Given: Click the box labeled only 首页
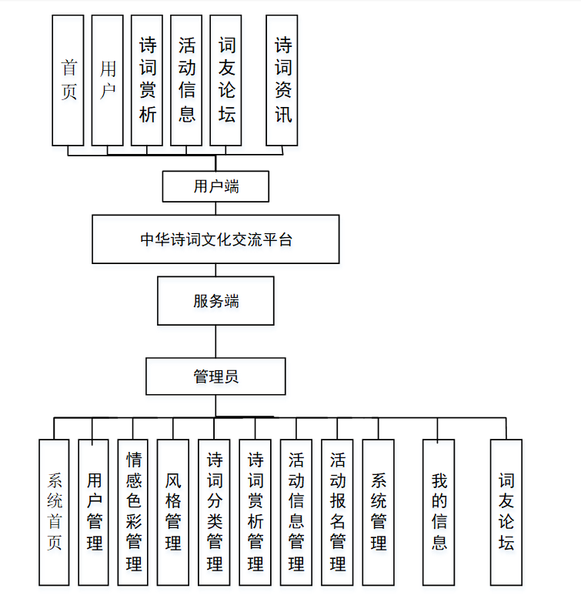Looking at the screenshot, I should pyautogui.click(x=68, y=80).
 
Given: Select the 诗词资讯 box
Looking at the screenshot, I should pyautogui.click(x=282, y=80).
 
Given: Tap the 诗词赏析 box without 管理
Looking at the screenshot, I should pyautogui.click(x=147, y=80).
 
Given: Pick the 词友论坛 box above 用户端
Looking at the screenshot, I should pyautogui.click(x=226, y=80).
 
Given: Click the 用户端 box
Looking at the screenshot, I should pyautogui.click(x=215, y=186).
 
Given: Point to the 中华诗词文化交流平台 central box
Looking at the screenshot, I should pyautogui.click(x=215, y=239).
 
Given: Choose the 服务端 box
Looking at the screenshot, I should pyautogui.click(x=215, y=301).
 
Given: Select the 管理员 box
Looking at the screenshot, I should pyautogui.click(x=215, y=376).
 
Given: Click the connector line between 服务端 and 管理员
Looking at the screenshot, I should pyautogui.click(x=215, y=341).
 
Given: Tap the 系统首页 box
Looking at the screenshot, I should pyautogui.click(x=55, y=512).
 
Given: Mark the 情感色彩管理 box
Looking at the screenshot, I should pyautogui.click(x=133, y=512).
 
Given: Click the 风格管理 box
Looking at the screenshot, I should pyautogui.click(x=173, y=512).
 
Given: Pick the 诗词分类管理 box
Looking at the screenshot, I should pyautogui.click(x=214, y=512).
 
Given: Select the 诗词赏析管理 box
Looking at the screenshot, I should pyautogui.click(x=255, y=512).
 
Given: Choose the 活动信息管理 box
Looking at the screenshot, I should pyautogui.click(x=296, y=512).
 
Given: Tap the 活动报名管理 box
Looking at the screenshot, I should pyautogui.click(x=337, y=512).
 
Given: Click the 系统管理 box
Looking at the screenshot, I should pyautogui.click(x=378, y=512).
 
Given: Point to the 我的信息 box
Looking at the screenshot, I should pyautogui.click(x=439, y=512).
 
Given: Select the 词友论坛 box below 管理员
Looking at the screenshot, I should pyautogui.click(x=506, y=512).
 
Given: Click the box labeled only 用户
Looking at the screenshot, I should pyautogui.click(x=108, y=80).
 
